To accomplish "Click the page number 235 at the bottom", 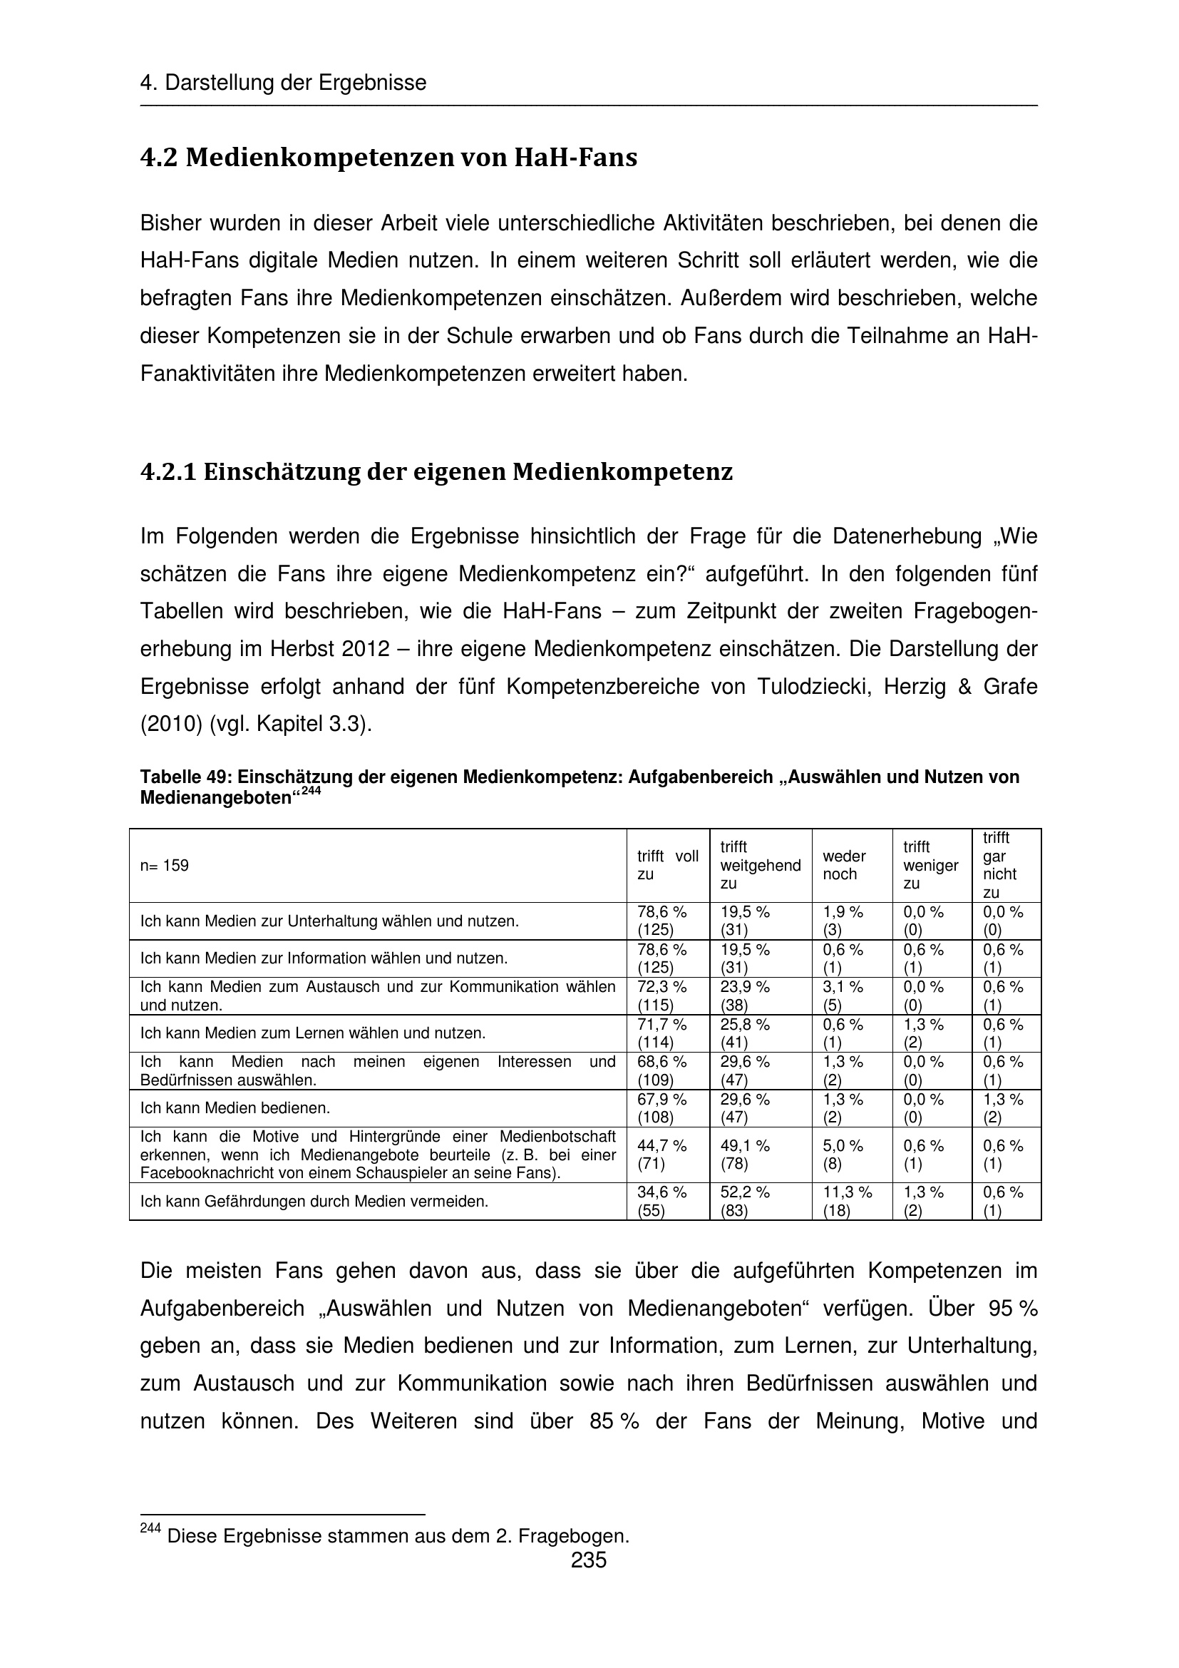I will tap(588, 1560).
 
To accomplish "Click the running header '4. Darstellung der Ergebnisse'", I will tap(283, 83).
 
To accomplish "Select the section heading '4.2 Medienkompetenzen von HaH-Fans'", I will tap(388, 158).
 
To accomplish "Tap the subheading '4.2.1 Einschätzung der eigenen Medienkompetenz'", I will tap(436, 472).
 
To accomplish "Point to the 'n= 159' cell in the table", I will tap(165, 865).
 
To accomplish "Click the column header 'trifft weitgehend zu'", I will tap(759, 865).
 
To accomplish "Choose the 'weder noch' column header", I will tap(844, 865).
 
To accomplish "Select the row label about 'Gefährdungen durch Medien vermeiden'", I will tap(314, 1202).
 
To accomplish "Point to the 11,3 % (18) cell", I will tap(848, 1202).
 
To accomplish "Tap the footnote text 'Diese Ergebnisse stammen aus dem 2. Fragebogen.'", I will tap(398, 1536).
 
